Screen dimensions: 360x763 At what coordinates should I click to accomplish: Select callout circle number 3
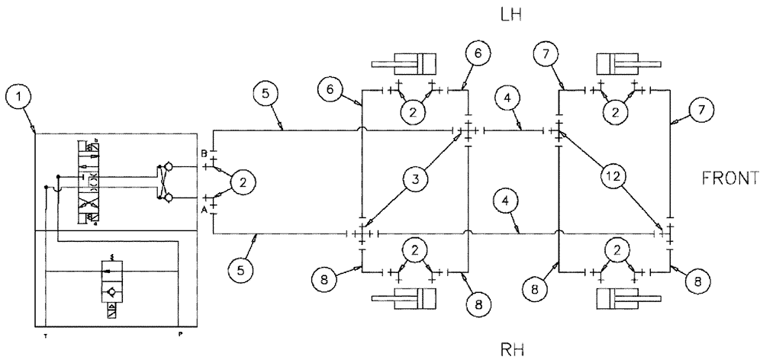click(x=414, y=180)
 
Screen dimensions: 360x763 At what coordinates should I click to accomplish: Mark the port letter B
click(x=203, y=153)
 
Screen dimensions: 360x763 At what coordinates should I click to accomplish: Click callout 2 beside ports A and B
click(x=243, y=182)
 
